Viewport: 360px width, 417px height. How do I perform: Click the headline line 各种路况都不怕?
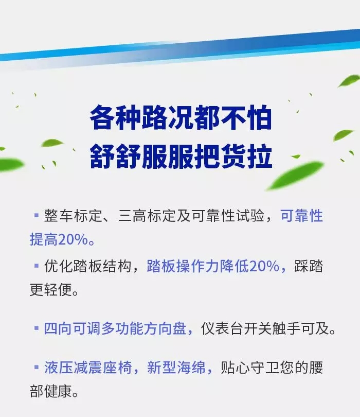[x=181, y=117]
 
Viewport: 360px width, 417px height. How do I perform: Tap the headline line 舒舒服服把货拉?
[x=181, y=157]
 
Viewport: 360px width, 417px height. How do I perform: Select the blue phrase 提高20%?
[x=59, y=239]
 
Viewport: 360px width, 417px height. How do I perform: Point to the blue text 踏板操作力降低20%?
[x=213, y=266]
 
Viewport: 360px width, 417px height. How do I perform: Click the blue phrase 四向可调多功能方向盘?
[x=115, y=328]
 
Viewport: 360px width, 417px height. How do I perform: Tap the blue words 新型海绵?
[x=176, y=368]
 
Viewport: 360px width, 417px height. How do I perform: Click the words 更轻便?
[x=51, y=289]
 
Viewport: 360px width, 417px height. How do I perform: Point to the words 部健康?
[x=51, y=391]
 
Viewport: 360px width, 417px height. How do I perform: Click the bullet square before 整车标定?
[x=37, y=215]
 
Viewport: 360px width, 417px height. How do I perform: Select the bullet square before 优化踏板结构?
[x=37, y=266]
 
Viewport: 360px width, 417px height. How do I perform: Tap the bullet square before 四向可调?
[x=37, y=328]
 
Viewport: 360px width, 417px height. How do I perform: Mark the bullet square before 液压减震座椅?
[x=37, y=367]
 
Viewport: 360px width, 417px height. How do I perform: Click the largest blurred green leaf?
[x=295, y=175]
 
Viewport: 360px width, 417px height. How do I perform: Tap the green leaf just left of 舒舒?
[x=52, y=143]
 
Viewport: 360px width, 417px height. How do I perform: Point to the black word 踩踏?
[x=309, y=266]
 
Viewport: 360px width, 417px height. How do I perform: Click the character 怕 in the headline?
[x=259, y=117]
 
